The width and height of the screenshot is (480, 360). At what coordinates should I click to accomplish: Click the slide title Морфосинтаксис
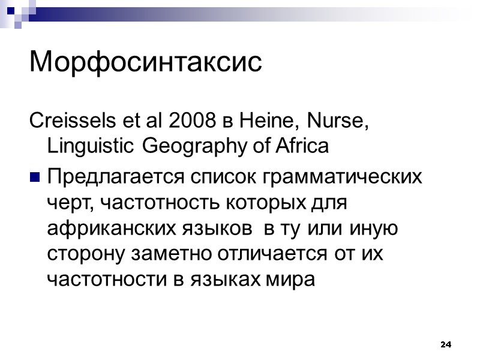[x=146, y=62]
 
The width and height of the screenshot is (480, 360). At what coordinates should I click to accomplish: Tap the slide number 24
[x=445, y=344]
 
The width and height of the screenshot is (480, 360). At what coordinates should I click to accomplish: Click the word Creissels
[x=64, y=123]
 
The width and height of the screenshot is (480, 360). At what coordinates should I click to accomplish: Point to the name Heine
[x=260, y=123]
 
